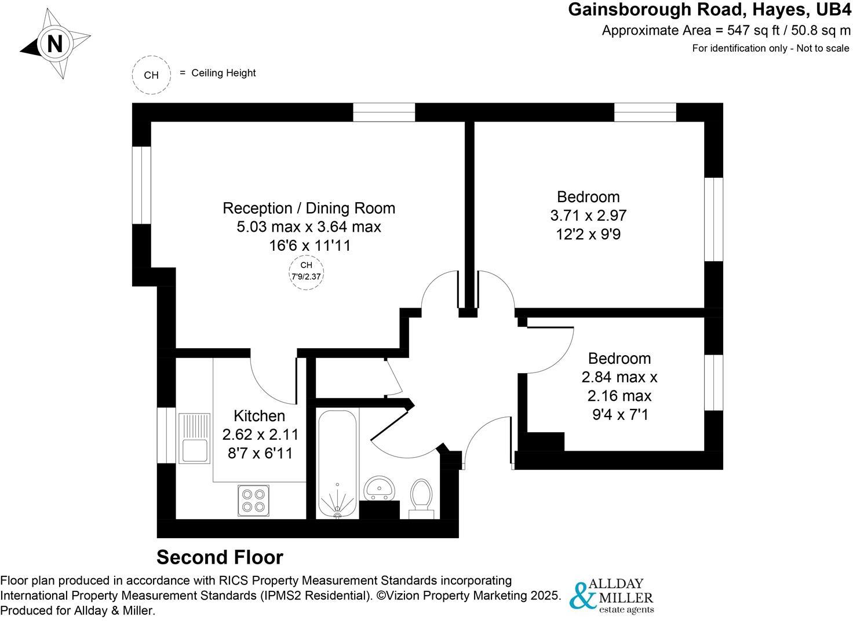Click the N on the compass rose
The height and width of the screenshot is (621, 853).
[x=54, y=44]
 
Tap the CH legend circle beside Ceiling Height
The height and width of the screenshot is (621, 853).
[x=151, y=75]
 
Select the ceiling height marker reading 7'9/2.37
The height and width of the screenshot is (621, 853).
[x=306, y=271]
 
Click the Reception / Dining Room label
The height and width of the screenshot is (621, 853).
[x=309, y=208]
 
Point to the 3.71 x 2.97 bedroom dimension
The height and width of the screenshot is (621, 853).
[x=588, y=215]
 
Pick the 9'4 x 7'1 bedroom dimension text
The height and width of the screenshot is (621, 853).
[x=619, y=415]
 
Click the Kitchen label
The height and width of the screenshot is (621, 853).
[x=259, y=415]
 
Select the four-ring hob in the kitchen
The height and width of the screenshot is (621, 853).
[x=253, y=500]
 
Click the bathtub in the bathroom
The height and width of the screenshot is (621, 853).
[x=337, y=463]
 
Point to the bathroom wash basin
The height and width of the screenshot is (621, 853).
[x=380, y=488]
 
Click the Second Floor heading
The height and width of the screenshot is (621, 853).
[x=220, y=557]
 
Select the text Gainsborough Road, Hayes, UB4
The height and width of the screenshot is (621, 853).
[x=709, y=10]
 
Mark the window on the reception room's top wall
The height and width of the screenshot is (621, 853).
[x=384, y=112]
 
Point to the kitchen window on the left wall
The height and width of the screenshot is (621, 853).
[x=166, y=435]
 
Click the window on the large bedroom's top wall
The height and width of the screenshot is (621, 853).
[x=645, y=112]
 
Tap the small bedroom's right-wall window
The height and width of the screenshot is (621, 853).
[x=713, y=382]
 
